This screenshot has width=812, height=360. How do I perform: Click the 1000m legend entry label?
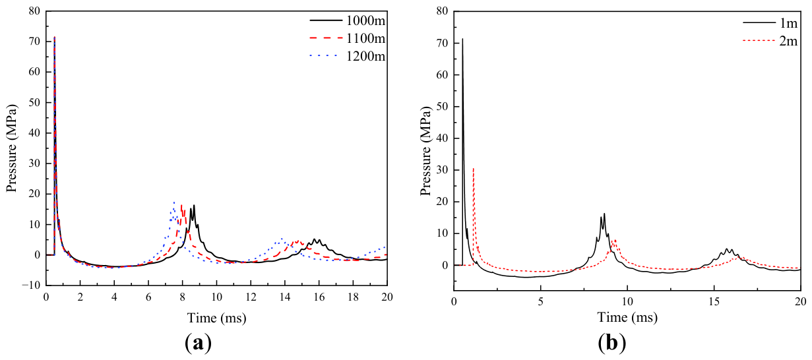365,20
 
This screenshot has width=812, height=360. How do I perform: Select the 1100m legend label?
365,38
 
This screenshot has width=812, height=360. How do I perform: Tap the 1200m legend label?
365,56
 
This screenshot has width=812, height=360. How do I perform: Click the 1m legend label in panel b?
788,23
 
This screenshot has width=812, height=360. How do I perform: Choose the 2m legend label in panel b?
788,42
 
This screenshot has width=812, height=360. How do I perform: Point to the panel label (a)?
198,343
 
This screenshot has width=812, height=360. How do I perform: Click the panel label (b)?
612,343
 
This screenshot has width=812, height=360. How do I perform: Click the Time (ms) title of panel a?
217,318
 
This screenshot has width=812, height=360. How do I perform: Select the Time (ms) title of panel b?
627,317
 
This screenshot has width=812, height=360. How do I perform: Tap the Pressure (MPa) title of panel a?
12,148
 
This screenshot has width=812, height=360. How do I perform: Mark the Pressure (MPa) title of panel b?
425,152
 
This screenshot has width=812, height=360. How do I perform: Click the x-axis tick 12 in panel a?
251,297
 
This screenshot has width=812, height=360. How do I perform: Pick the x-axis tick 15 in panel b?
714,302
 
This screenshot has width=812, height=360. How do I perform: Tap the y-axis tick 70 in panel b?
443,43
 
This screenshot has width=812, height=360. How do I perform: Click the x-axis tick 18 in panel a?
353,297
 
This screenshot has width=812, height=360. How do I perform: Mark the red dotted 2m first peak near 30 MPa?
474,168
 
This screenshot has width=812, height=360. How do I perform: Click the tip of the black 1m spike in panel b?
462,39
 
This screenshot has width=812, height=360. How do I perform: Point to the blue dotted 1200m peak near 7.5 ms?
174,202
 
